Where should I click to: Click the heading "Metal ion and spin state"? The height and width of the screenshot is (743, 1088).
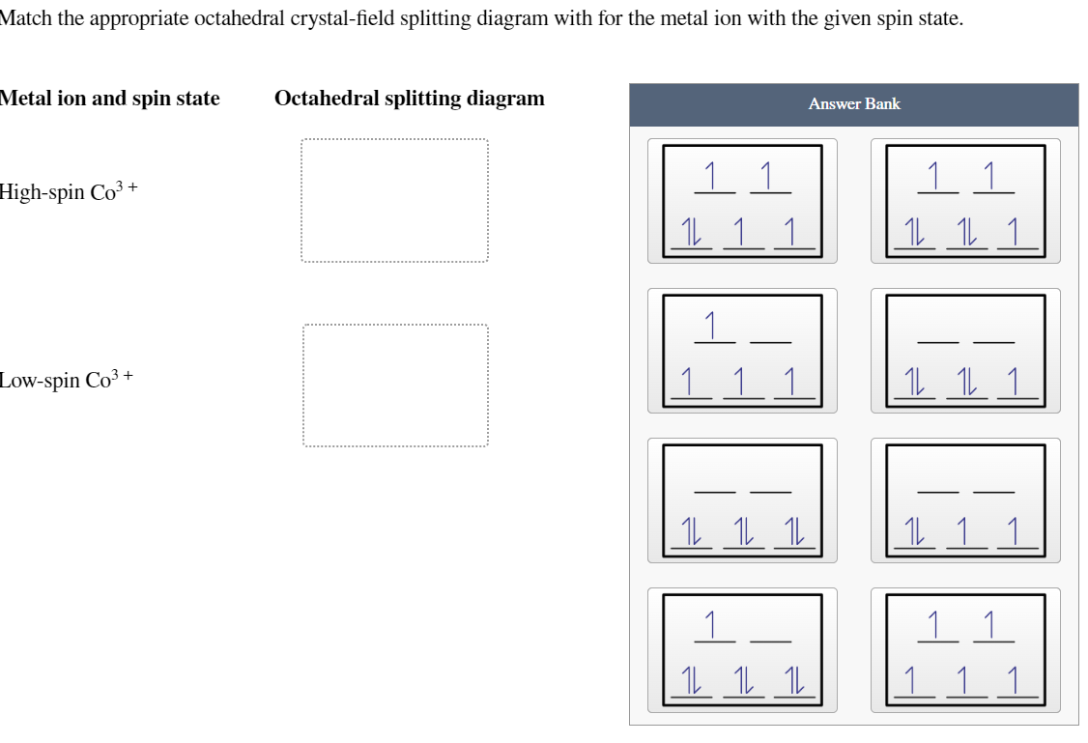coord(109,99)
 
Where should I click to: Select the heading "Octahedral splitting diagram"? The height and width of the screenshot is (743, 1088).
coord(409,99)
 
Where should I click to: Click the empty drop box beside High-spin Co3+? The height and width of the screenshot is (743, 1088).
coord(394,201)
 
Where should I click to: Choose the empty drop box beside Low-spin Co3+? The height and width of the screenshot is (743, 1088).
coord(394,386)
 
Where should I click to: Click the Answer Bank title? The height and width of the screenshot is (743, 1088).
coord(854,104)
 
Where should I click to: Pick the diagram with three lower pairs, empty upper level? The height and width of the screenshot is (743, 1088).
coord(742,500)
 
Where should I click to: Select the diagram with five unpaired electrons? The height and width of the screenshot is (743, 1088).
coord(965,650)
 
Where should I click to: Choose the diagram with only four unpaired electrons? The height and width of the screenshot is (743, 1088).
coord(742,351)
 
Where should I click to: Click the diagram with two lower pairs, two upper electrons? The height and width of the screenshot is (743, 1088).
coord(965,201)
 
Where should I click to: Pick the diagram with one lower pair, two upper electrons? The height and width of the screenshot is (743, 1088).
coord(742,201)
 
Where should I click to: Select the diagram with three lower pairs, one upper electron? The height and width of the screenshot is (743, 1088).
coord(742,650)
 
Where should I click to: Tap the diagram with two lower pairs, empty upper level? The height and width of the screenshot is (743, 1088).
coord(965,351)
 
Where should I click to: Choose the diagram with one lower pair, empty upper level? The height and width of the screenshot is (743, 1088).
coord(965,500)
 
